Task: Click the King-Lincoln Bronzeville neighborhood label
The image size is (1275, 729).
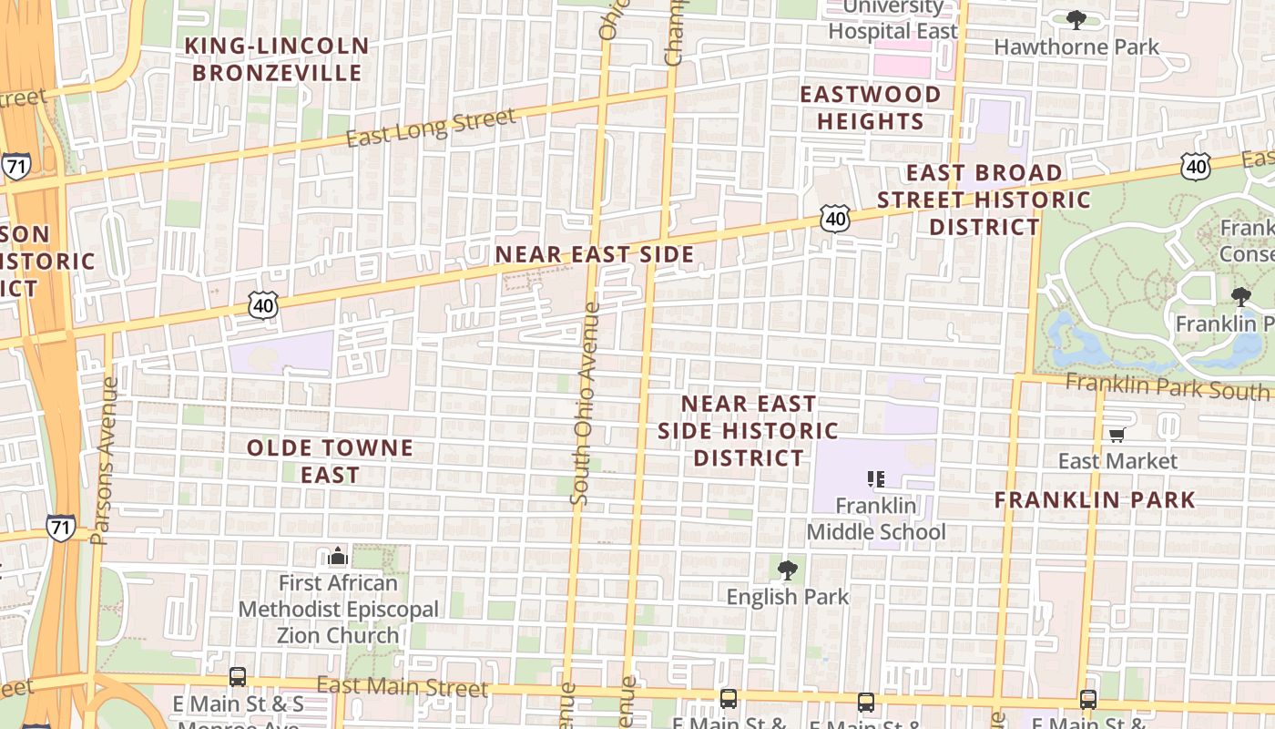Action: click(277, 59)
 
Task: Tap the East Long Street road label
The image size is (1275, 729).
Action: click(431, 128)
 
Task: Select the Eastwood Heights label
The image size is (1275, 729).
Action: click(870, 108)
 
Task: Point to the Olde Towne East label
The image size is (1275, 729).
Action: click(330, 461)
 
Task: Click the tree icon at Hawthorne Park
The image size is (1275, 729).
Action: click(1076, 20)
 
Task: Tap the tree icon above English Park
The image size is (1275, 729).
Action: click(787, 571)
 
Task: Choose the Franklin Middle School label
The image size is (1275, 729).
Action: click(876, 519)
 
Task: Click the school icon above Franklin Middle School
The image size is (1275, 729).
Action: click(876, 479)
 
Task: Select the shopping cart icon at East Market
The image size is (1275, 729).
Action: click(1117, 436)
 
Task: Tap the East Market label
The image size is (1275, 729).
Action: click(1117, 461)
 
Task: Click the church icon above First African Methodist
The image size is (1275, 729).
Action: click(338, 557)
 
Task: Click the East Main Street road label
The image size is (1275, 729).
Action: click(402, 687)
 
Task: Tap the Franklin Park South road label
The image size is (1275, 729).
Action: click(1168, 387)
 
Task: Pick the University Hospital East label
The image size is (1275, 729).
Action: click(892, 20)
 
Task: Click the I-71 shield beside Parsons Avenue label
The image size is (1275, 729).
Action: click(61, 528)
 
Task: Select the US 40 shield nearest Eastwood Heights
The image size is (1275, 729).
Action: click(834, 218)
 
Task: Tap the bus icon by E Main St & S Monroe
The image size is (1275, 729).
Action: click(238, 677)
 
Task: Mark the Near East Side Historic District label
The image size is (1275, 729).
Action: click(748, 430)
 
